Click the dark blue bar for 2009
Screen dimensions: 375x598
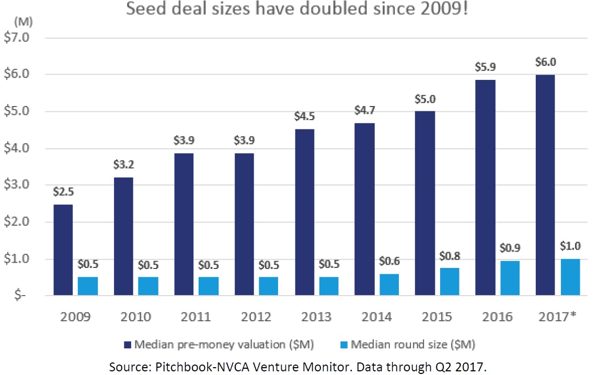pyautogui.click(x=63, y=250)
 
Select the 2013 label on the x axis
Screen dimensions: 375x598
pyautogui.click(x=317, y=317)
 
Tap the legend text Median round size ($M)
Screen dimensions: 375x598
pyautogui.click(x=413, y=344)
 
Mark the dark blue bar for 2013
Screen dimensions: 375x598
pyautogui.click(x=304, y=212)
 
